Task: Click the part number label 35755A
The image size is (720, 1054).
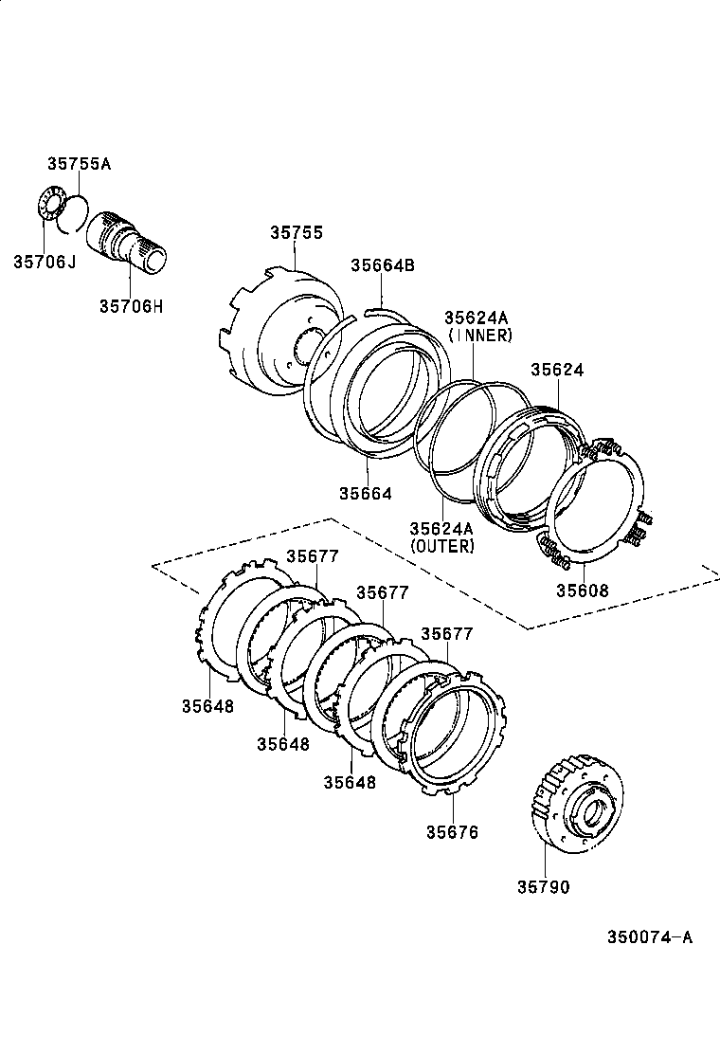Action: (x=80, y=163)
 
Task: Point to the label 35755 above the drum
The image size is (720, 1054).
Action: (x=296, y=232)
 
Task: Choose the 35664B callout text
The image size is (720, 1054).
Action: (x=383, y=265)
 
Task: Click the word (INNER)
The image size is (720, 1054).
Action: (x=480, y=335)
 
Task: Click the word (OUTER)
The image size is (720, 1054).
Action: (x=441, y=546)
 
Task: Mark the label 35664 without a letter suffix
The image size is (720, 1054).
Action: (x=366, y=493)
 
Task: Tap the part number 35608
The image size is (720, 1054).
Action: (x=582, y=590)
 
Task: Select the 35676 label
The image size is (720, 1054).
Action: (x=452, y=832)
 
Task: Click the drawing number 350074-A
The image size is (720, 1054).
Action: (x=650, y=937)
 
